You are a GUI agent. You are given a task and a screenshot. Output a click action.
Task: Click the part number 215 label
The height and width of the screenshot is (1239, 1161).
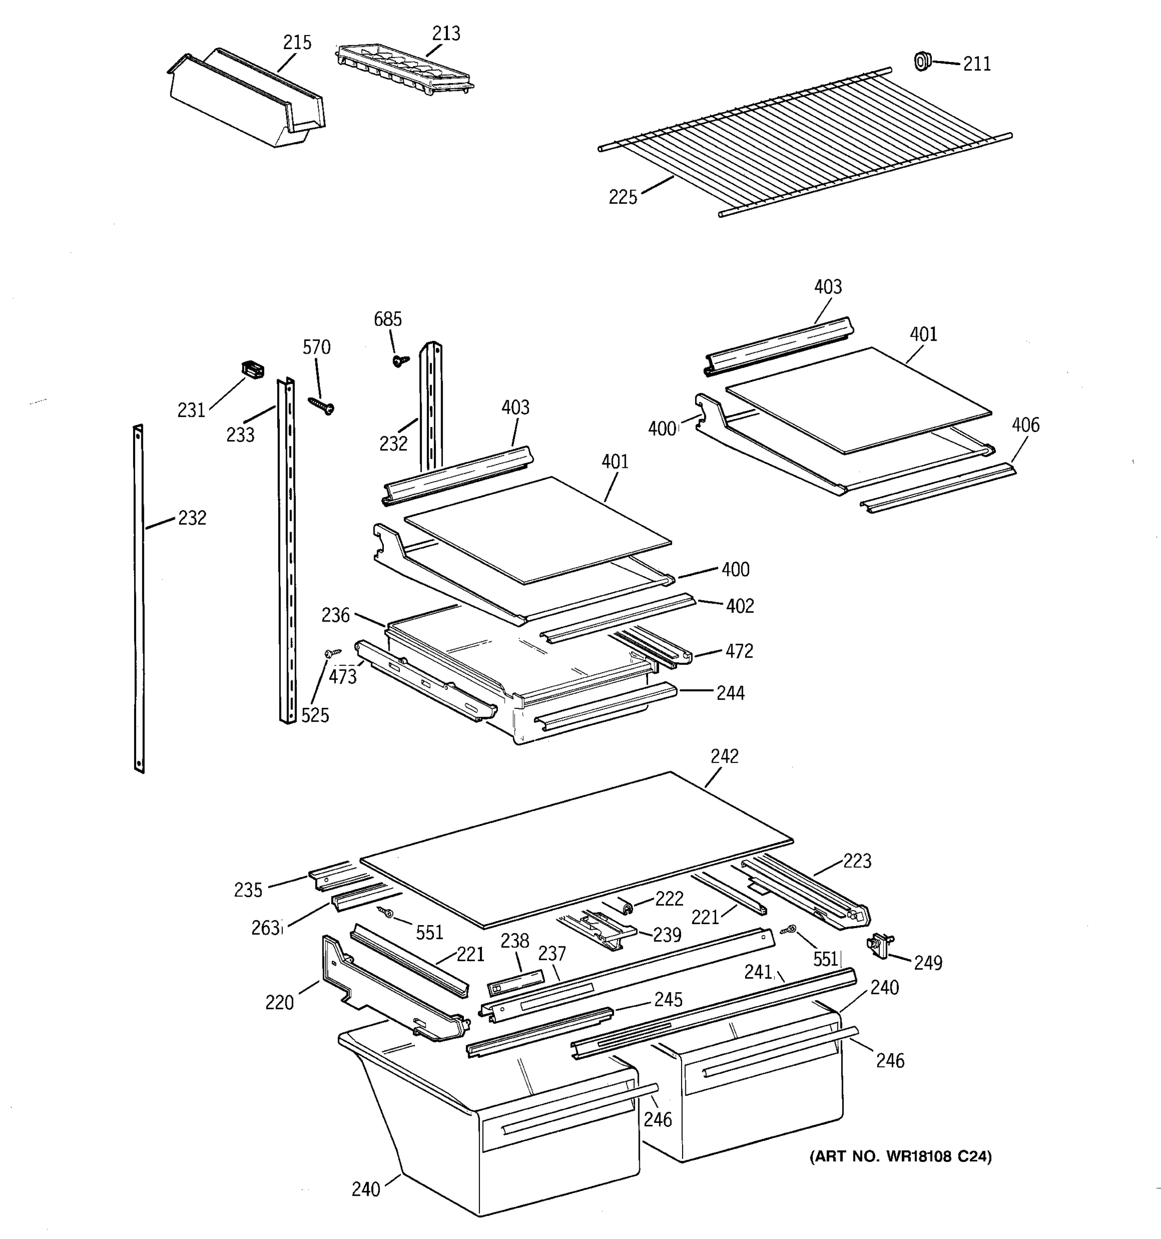coord(297,42)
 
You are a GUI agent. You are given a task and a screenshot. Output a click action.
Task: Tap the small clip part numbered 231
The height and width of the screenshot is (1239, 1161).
coord(252,369)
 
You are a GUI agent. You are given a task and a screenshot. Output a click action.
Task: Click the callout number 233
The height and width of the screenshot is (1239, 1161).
coord(240,434)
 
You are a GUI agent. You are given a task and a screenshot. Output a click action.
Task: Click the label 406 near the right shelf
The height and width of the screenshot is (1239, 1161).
coord(1025,425)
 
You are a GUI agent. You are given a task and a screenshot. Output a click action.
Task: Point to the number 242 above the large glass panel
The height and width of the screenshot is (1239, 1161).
coord(724,756)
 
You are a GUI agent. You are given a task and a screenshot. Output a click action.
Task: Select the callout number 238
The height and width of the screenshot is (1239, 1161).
coord(514,941)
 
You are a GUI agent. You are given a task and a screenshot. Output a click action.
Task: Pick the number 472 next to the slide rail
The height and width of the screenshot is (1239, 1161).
coord(739,652)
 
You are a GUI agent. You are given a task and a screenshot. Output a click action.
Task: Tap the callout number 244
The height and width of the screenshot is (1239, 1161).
coord(731,693)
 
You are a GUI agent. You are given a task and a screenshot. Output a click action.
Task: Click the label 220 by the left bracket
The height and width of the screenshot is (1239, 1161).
coord(279,1002)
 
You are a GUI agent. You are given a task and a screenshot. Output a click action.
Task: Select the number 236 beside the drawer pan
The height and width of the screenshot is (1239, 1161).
coord(336,615)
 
